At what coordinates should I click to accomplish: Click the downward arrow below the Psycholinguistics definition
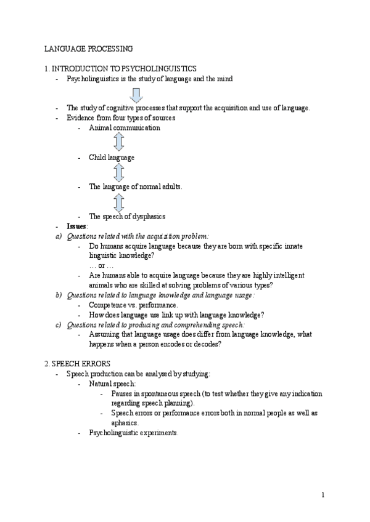tap(136, 94)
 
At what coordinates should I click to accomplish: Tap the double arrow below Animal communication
tap(119, 142)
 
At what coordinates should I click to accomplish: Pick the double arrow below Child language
tap(119, 172)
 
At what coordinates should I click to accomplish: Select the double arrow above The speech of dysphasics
tap(119, 201)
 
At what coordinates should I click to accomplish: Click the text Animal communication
tap(125, 127)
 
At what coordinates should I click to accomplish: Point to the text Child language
tap(112, 158)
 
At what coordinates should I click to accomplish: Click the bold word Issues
tap(77, 226)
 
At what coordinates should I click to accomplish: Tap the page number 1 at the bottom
tap(323, 495)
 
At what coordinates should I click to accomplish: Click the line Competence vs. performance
tap(134, 305)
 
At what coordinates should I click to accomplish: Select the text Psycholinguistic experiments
tap(134, 433)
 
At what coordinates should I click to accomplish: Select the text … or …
tap(101, 265)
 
